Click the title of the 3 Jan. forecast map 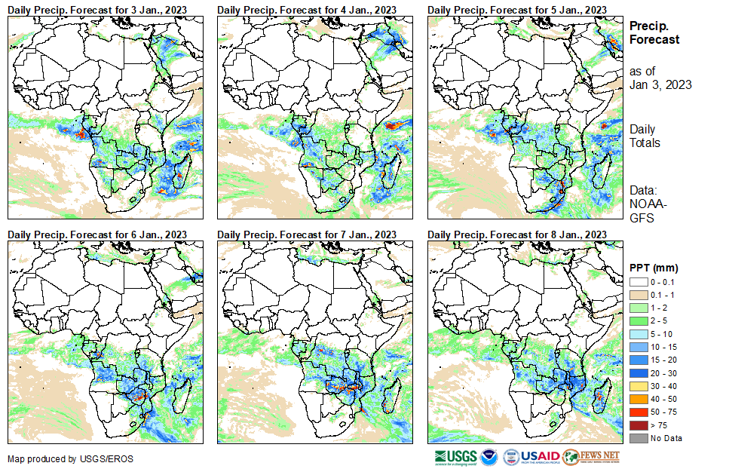pyautogui.click(x=98, y=9)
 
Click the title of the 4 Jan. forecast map pyautogui.click(x=308, y=9)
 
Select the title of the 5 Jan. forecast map pyautogui.click(x=517, y=9)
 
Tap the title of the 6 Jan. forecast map pyautogui.click(x=98, y=234)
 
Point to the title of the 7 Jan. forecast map pyautogui.click(x=308, y=234)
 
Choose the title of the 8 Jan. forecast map pyautogui.click(x=517, y=234)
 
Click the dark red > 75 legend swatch pyautogui.click(x=637, y=425)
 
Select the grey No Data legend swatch pyautogui.click(x=637, y=437)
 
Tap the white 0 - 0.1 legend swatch pyautogui.click(x=637, y=281)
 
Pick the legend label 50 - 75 pyautogui.click(x=664, y=413)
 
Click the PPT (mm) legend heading pyautogui.click(x=654, y=268)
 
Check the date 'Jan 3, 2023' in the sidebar pyautogui.click(x=660, y=84)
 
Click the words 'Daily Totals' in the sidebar pyautogui.click(x=645, y=136)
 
